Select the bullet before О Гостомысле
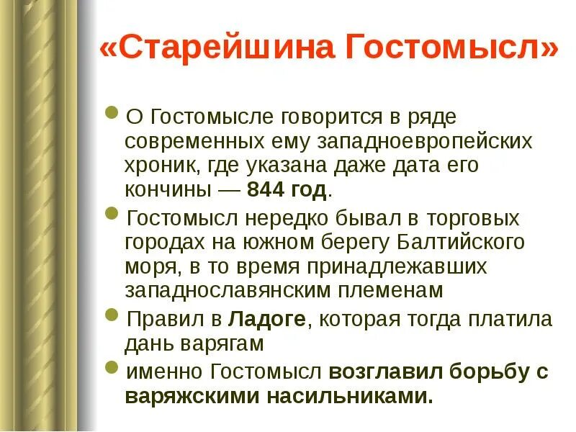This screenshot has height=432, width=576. point(111,113)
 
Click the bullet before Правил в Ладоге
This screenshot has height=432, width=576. point(111,315)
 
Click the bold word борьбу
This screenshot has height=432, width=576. point(485,372)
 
